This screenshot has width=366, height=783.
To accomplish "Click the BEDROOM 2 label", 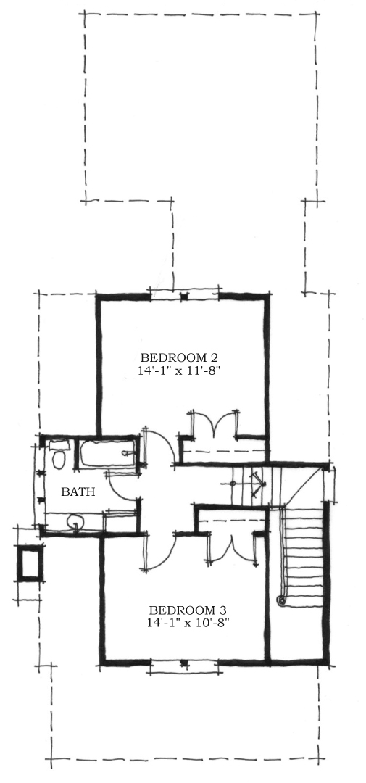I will pos(179,357).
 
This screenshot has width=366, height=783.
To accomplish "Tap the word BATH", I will pos(78,492).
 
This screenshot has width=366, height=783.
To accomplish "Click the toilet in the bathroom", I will pos(58,456).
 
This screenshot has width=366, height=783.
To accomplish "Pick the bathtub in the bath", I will pos(107,455).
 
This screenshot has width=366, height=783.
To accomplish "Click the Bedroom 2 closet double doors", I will pos(215,425).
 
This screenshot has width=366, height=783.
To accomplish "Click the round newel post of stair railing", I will pos(280,600).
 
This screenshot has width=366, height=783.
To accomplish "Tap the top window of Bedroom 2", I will pos(185,296).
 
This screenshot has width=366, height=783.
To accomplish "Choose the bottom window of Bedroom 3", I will pos(184,662).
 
